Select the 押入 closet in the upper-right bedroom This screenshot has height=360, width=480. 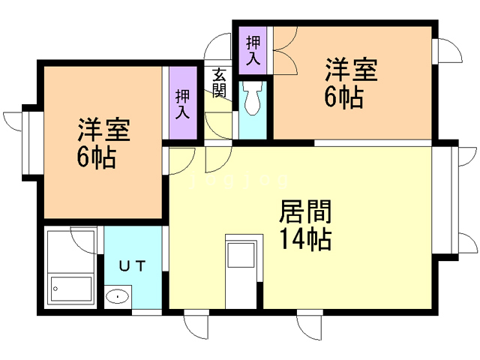click(253, 49)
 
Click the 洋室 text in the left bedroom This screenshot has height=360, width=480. click(103, 130)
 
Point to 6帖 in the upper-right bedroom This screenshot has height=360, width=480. click(344, 97)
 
